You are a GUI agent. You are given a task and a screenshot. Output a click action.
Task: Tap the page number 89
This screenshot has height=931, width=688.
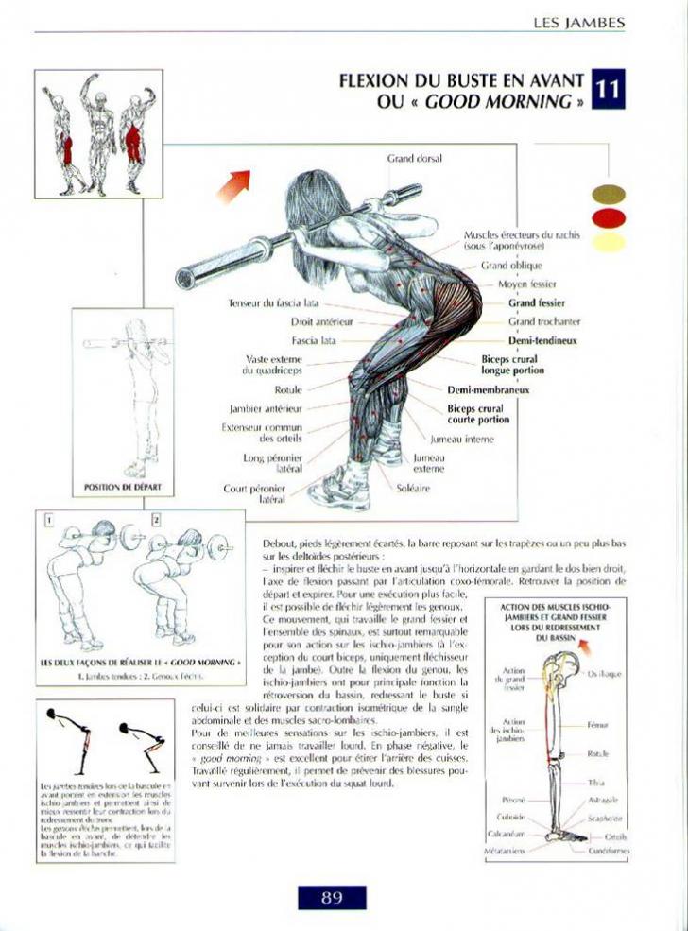click(331, 897)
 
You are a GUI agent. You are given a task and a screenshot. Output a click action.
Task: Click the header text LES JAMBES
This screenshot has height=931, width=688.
click(578, 22)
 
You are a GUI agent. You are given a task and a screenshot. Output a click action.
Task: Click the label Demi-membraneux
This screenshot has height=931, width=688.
click(488, 389)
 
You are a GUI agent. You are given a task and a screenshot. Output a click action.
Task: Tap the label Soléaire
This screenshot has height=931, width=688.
click(414, 489)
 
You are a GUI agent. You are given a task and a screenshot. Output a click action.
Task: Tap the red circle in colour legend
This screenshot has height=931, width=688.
click(608, 217)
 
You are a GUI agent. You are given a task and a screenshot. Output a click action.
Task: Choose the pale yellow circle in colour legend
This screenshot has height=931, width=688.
click(608, 242)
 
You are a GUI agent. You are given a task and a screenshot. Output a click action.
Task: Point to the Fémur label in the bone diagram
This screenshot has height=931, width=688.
click(596, 725)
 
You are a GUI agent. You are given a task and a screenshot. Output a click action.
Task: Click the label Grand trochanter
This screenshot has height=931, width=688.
click(543, 322)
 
